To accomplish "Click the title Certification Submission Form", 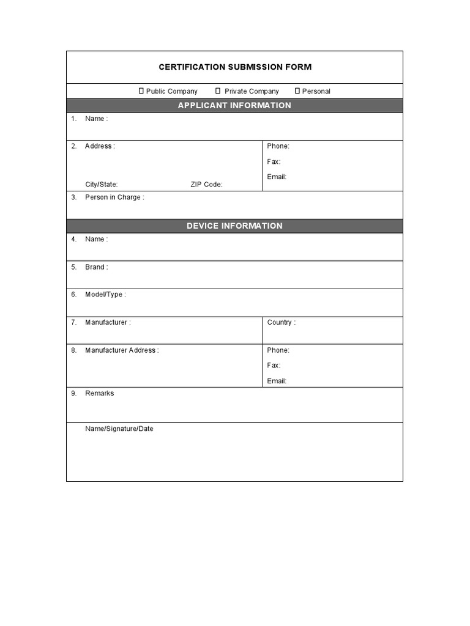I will tap(235, 67).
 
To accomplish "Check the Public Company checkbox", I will tap(141, 91).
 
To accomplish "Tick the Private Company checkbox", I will tap(218, 91).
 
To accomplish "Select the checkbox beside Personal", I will tap(297, 91).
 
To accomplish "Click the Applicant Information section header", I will tap(234, 106).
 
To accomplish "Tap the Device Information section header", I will tap(234, 226).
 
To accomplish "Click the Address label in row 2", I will tap(99, 146).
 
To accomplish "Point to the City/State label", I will tap(102, 185).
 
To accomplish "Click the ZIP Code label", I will tap(206, 185).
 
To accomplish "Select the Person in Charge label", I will tap(114, 197).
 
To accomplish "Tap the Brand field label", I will tap(96, 267).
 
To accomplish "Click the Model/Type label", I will tap(105, 295).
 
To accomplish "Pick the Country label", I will tap(281, 322).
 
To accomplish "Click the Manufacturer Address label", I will tap(122, 350).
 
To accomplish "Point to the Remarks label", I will tap(100, 393).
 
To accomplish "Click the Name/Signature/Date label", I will tap(119, 429).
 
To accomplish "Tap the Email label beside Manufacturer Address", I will tap(277, 381).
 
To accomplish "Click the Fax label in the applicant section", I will tap(274, 161).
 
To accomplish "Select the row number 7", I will tap(73, 322).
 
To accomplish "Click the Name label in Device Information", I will tap(96, 239).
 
